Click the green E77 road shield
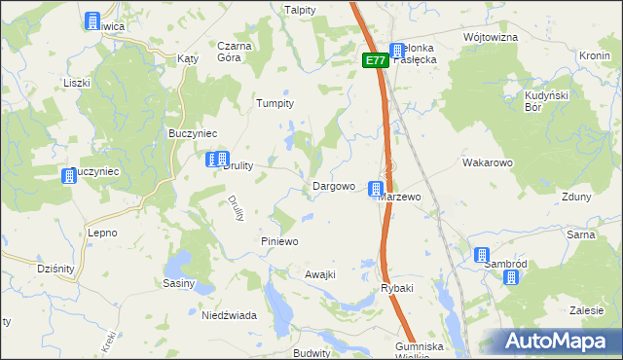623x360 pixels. [377, 60]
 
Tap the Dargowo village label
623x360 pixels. [333, 186]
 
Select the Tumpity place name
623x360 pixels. [275, 102]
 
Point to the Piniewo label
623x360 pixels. [279, 240]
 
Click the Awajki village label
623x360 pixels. [320, 274]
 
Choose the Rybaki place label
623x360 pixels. [397, 287]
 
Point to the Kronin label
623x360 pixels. [594, 55]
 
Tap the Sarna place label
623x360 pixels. [581, 235]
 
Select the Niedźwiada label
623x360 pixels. [228, 315]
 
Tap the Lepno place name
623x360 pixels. [102, 233]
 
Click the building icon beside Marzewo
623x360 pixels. [375, 188]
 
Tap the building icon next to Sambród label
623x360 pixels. [483, 256]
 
